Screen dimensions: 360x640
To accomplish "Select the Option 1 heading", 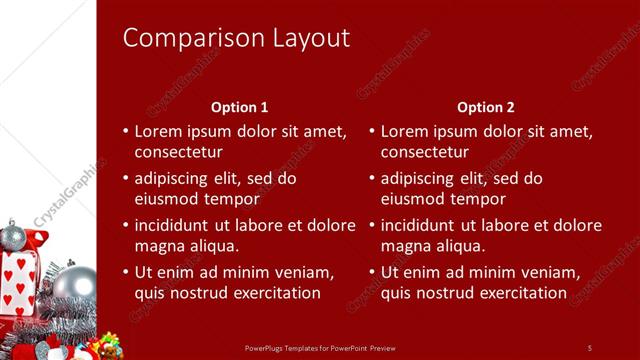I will (240, 107).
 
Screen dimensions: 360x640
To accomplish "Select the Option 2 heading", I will (485, 107).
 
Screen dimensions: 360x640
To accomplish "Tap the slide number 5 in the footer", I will (589, 347).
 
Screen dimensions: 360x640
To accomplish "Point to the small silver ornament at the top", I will (13, 237).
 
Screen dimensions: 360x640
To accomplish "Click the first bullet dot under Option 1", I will (125, 131).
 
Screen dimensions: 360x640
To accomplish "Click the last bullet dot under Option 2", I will (372, 272).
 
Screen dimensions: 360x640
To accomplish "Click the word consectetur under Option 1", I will (178, 152).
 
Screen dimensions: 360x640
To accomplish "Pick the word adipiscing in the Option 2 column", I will (421, 178).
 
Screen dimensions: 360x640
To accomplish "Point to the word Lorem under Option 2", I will (402, 131).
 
